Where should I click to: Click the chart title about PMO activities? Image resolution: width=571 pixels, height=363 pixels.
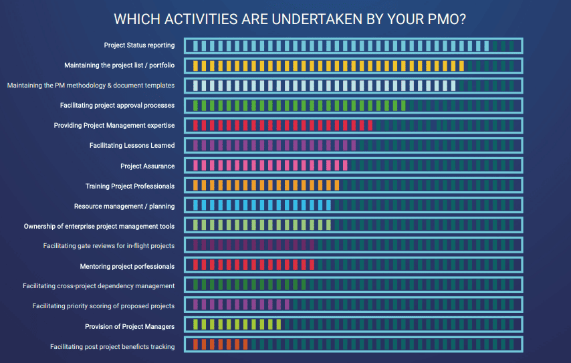click(x=290, y=19)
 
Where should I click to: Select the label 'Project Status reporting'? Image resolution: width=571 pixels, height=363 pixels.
click(x=139, y=45)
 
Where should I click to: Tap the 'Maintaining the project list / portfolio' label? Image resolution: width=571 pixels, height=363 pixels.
click(x=120, y=66)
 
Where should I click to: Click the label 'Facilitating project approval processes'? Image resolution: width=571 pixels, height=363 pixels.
click(x=117, y=106)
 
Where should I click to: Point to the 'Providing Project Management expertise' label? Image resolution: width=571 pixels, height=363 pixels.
click(x=114, y=126)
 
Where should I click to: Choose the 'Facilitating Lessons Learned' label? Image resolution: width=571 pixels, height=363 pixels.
click(x=132, y=146)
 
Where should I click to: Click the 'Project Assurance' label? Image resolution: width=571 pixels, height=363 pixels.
click(x=147, y=166)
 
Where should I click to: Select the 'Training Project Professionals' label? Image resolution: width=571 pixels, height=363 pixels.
click(x=130, y=186)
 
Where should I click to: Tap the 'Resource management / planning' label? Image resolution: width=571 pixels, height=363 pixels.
click(x=124, y=206)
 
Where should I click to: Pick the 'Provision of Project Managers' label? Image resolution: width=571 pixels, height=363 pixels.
click(x=130, y=326)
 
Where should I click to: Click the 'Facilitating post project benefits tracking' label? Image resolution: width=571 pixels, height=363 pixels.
click(x=112, y=346)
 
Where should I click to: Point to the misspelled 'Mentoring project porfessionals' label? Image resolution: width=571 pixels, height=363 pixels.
click(x=127, y=266)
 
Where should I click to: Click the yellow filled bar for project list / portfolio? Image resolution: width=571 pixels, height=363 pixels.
click(x=328, y=66)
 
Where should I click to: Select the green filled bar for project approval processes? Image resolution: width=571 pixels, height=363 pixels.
click(x=298, y=106)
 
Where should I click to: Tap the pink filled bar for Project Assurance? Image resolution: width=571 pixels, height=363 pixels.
click(x=269, y=166)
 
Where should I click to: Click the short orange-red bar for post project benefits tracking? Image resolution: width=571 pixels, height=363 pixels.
click(x=220, y=345)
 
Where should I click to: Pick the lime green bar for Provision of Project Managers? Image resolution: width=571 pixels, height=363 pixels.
click(x=237, y=325)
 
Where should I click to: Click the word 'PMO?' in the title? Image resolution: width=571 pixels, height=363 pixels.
click(x=445, y=19)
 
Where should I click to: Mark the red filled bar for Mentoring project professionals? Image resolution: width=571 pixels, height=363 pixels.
click(x=253, y=265)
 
